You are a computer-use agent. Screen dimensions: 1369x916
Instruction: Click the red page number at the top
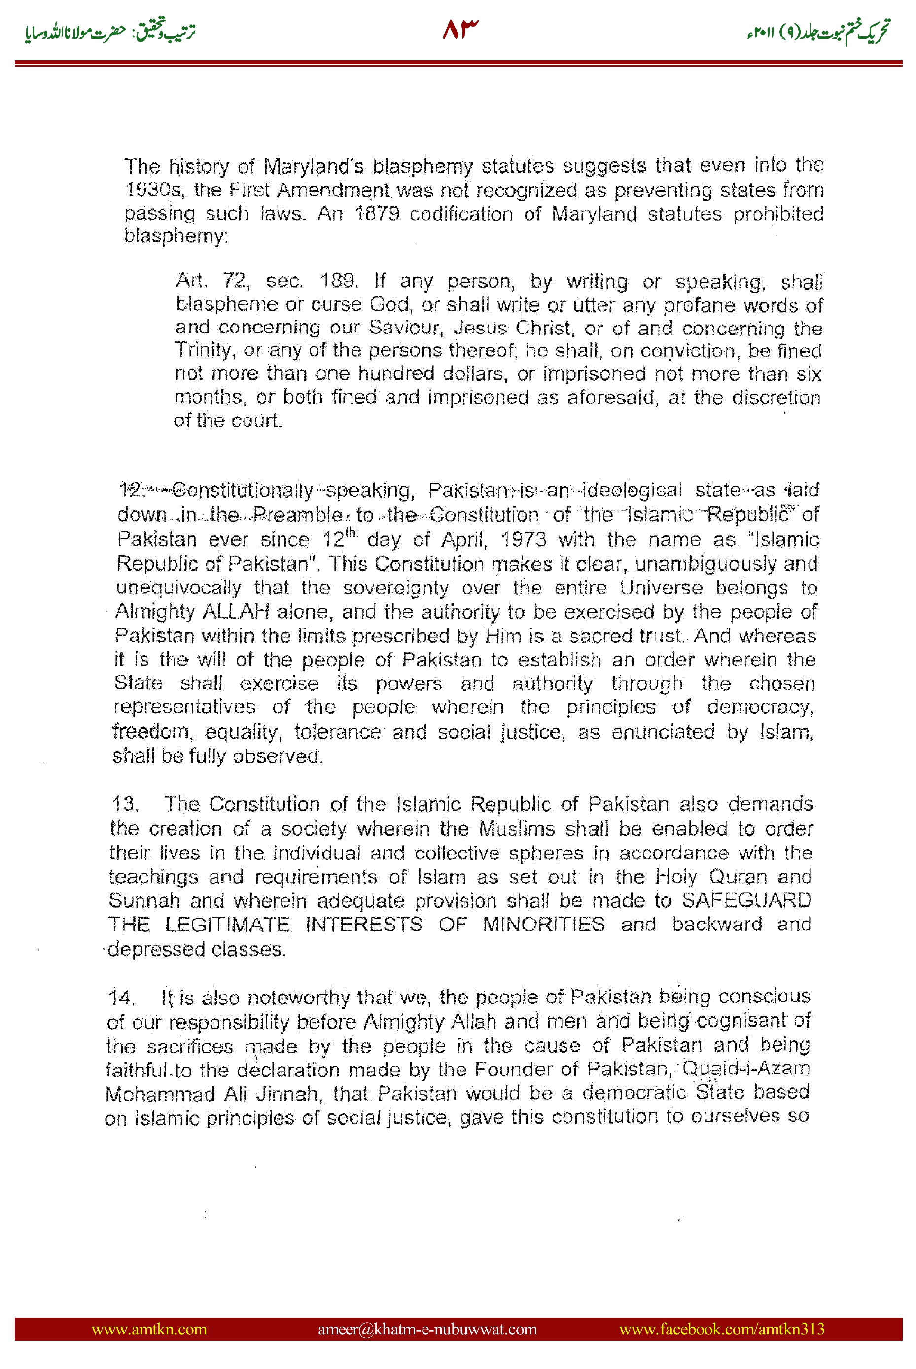pos(460,29)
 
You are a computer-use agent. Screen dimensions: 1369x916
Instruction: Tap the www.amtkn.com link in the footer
pos(149,1329)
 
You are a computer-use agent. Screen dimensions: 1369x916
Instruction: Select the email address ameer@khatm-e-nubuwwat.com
pos(427,1329)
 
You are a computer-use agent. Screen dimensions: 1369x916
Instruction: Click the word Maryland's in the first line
pos(313,167)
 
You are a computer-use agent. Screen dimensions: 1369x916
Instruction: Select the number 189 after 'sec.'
pos(338,281)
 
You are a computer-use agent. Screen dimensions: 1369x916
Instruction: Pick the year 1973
pos(524,539)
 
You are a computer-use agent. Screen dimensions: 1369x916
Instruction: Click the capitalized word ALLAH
pos(236,611)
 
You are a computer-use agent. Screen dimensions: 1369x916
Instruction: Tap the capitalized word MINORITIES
pos(543,924)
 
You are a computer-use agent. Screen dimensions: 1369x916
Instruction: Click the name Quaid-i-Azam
pos(746,1069)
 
